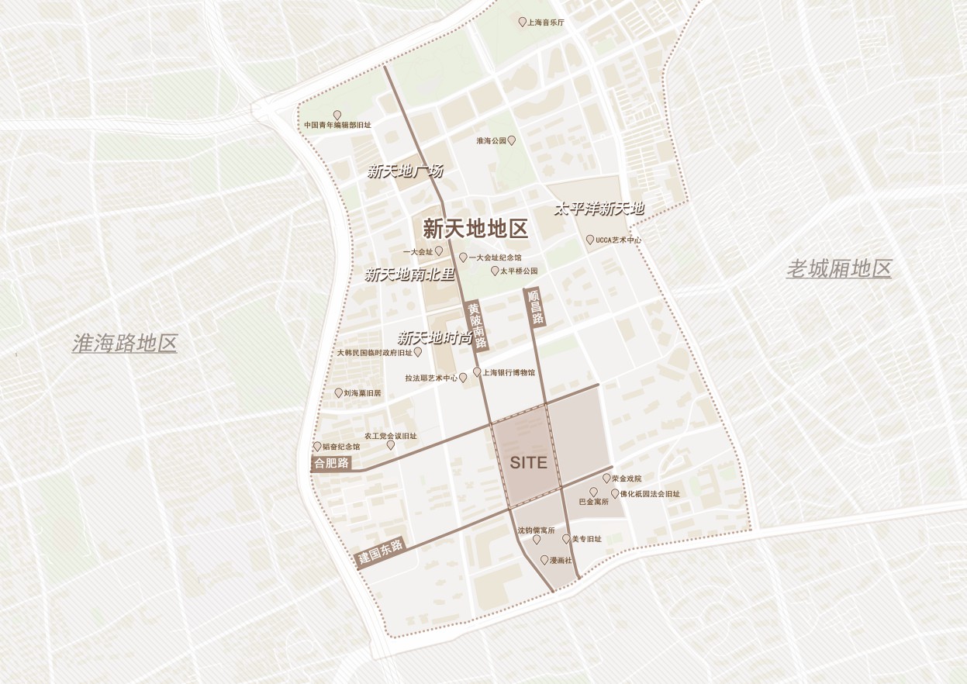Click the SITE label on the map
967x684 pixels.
tap(529, 463)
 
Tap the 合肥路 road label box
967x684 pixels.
tap(331, 464)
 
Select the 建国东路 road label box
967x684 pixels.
tap(381, 552)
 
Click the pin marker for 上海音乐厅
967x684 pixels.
tap(522, 22)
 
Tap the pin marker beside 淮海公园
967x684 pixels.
tap(512, 140)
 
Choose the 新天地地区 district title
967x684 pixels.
tap(475, 229)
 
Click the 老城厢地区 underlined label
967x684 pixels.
tap(838, 269)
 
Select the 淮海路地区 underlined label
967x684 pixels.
tap(125, 344)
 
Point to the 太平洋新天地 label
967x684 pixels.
tap(599, 209)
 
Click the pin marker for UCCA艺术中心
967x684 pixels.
tap(590, 240)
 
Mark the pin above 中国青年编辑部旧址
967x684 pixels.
tap(337, 115)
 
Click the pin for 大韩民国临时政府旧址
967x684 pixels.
tap(418, 352)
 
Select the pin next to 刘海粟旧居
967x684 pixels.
tap(338, 393)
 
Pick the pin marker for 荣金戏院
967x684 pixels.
tap(606, 478)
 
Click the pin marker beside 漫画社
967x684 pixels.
tap(544, 559)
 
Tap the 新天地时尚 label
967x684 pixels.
tap(435, 338)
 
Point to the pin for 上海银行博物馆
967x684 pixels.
tap(477, 372)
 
